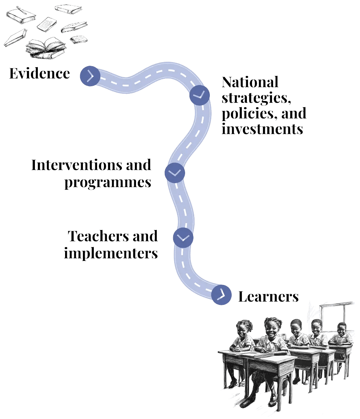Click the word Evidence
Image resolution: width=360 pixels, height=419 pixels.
(x=40, y=73)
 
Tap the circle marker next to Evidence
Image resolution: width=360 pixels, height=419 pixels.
(x=90, y=76)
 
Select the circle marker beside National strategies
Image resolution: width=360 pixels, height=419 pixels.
(x=200, y=96)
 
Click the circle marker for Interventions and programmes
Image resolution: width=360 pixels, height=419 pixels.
(x=175, y=173)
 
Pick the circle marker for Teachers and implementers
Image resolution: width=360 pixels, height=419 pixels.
(x=183, y=238)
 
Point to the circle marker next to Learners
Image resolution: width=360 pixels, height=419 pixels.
(x=221, y=295)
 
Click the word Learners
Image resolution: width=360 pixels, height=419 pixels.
(x=268, y=297)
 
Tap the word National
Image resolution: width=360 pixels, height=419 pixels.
(x=250, y=82)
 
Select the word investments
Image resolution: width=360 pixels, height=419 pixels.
(x=263, y=129)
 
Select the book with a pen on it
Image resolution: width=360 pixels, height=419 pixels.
(x=21, y=15)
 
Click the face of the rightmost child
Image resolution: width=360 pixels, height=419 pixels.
(x=341, y=330)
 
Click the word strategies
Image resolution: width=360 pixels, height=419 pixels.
(x=256, y=98)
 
